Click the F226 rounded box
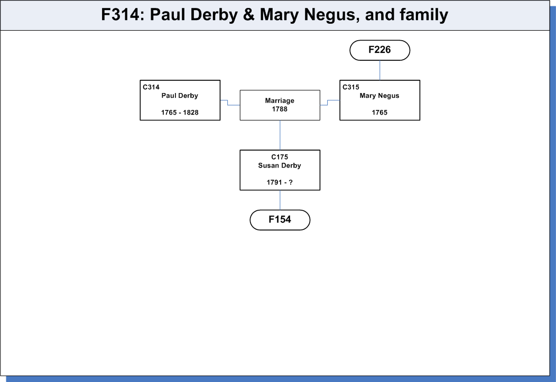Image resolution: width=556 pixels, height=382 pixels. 380,50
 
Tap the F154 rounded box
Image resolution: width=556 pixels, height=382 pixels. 280,220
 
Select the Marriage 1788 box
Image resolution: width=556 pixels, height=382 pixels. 280,105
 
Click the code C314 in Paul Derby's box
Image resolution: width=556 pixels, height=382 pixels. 151,87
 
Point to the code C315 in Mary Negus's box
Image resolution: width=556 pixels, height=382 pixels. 351,87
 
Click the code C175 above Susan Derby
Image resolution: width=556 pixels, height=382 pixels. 280,157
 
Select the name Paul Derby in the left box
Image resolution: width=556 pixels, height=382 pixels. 180,96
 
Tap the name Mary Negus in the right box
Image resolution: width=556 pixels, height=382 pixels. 379,96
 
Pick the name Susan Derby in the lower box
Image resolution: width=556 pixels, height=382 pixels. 280,165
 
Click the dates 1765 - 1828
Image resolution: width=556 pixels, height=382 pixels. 180,113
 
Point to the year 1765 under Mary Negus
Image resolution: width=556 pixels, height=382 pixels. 379,113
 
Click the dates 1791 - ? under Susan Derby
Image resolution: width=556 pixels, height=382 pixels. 280,182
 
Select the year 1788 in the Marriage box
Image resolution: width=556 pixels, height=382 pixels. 280,109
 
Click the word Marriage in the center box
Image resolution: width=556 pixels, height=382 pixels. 280,100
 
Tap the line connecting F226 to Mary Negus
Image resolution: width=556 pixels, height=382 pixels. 380,70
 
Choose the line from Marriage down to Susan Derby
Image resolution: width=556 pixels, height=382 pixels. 280,135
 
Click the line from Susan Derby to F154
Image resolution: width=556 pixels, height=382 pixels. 280,200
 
